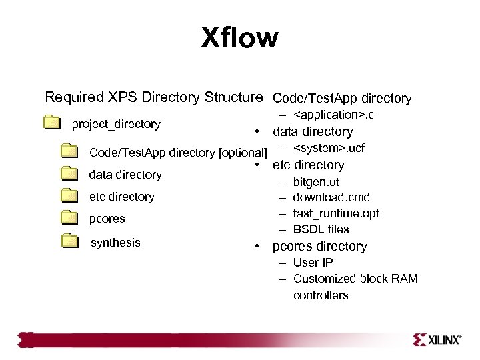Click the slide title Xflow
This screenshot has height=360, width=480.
(239, 39)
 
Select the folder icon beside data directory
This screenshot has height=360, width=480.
(69, 174)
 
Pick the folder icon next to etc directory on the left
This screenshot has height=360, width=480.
(69, 197)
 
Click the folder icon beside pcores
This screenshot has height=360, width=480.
(69, 218)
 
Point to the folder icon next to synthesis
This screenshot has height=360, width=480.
(69, 241)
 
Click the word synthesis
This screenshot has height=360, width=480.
(115, 242)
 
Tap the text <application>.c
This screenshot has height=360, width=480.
(334, 116)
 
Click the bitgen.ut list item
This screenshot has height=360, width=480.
(317, 181)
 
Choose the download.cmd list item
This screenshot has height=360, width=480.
(331, 197)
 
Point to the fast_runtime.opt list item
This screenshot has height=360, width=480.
(337, 213)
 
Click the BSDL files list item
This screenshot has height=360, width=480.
(321, 229)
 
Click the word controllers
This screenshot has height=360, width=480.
(320, 295)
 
